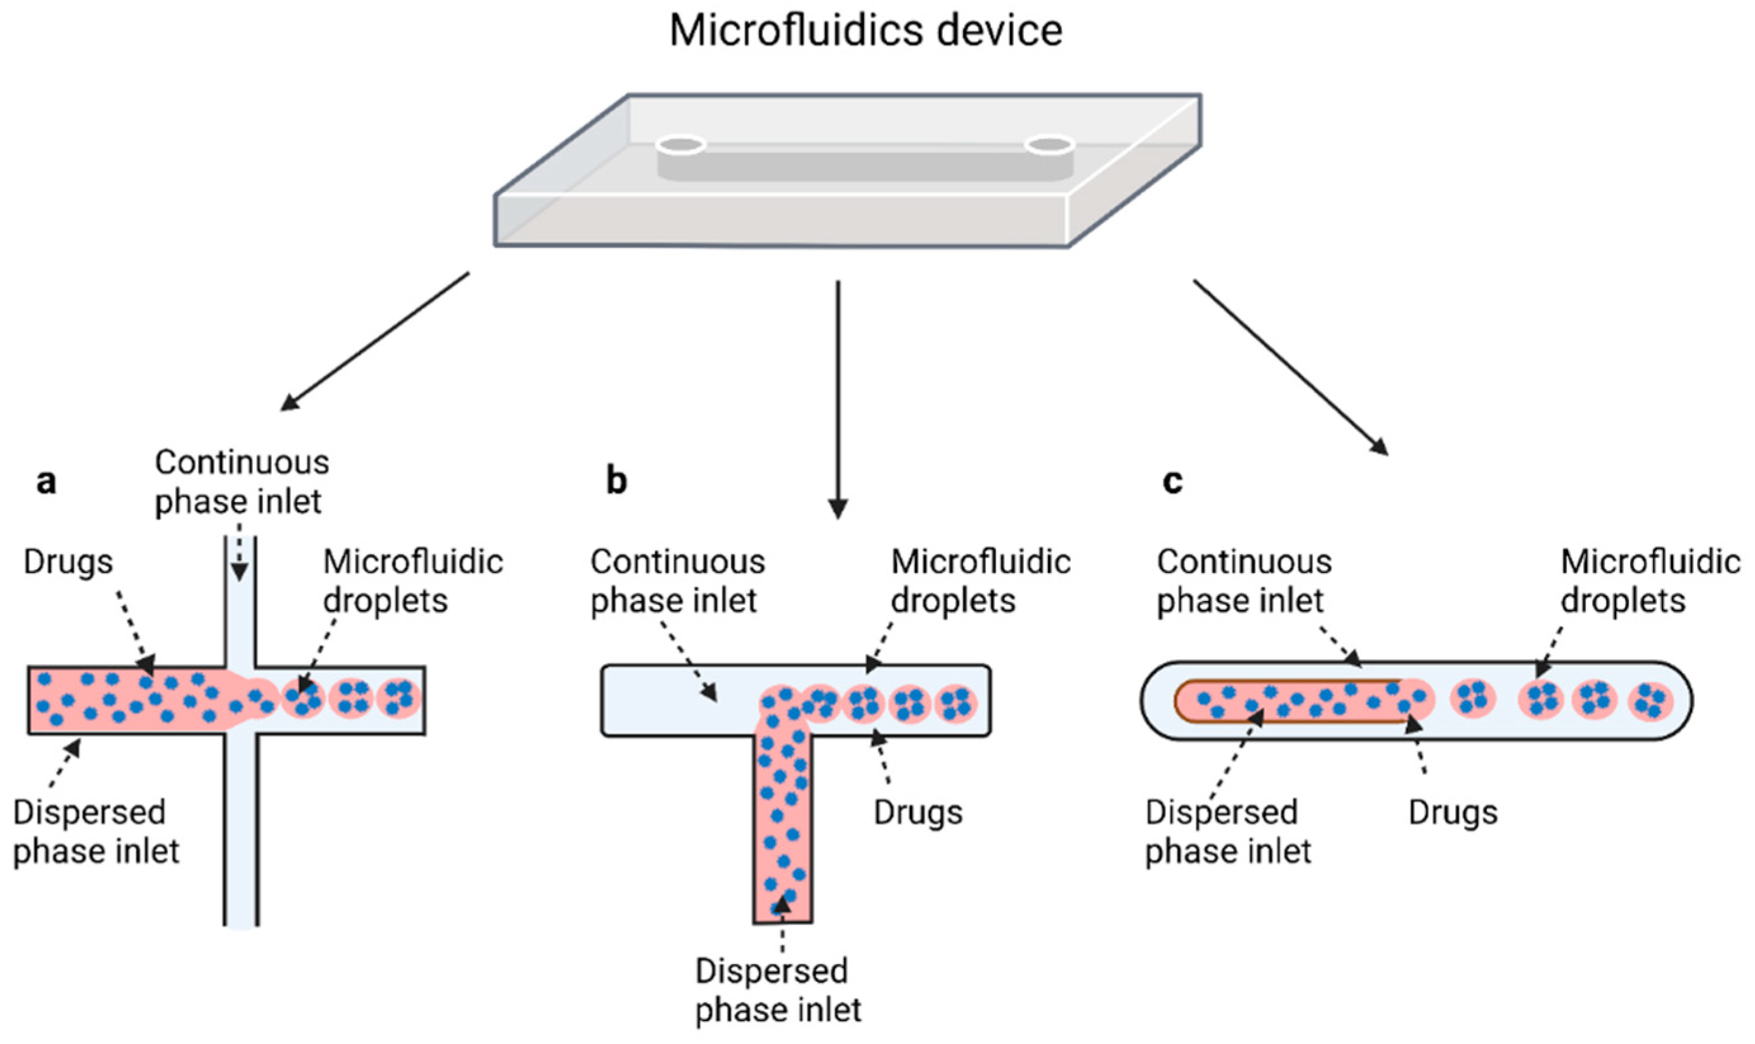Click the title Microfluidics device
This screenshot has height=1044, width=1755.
[865, 31]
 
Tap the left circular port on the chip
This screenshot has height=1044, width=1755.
[680, 146]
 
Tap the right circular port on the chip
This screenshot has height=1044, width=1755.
[1049, 146]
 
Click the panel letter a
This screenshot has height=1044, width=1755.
[46, 482]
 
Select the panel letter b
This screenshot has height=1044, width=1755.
[616, 481]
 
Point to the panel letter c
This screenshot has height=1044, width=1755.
[1172, 482]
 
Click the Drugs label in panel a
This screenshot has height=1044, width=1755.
[68, 562]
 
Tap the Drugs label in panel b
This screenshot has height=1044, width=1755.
[917, 813]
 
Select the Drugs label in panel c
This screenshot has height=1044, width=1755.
[1453, 813]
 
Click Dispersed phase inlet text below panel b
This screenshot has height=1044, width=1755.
[777, 991]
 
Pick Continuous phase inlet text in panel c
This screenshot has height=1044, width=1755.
[1244, 581]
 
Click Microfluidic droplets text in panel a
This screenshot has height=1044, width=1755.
[413, 581]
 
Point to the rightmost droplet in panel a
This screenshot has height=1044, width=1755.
[399, 698]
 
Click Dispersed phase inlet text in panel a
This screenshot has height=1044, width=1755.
[96, 832]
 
